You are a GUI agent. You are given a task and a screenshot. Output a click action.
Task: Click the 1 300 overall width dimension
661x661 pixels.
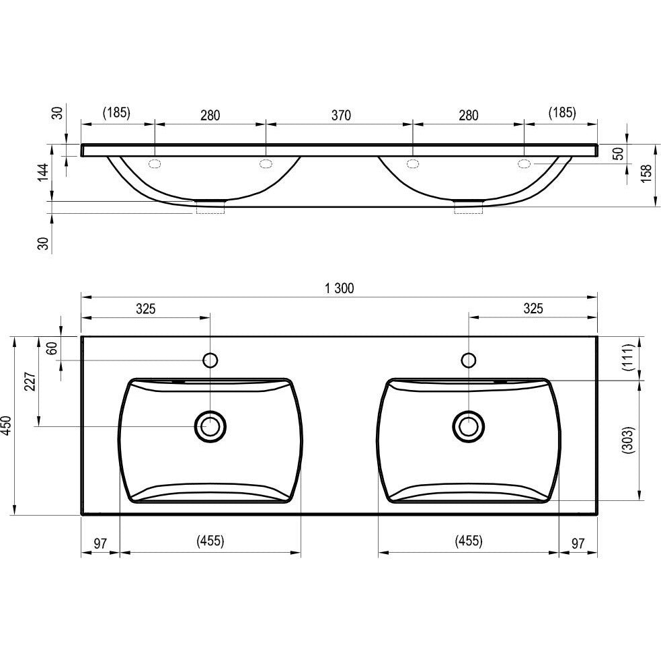(x=340, y=288)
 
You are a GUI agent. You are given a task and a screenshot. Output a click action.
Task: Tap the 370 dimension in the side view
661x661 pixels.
(x=341, y=115)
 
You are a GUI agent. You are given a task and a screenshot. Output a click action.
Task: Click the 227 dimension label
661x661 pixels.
(x=30, y=381)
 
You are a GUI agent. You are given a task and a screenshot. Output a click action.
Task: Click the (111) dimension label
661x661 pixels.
(x=628, y=358)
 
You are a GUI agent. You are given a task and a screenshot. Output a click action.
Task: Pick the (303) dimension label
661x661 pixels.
(x=628, y=440)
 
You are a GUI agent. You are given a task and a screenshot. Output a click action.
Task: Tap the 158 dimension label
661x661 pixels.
(x=646, y=173)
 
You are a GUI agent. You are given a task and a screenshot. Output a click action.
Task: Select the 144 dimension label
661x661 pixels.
(x=44, y=172)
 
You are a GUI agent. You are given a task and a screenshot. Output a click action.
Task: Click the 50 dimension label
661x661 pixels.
(x=619, y=153)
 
